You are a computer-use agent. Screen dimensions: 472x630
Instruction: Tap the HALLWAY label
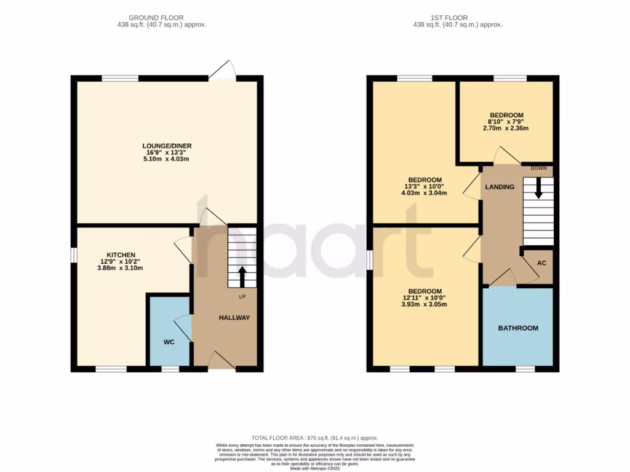[x=234, y=318]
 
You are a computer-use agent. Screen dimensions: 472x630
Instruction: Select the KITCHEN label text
[x=121, y=254]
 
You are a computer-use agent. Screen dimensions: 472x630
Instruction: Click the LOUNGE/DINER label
[x=165, y=146]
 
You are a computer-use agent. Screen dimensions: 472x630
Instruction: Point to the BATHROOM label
[x=518, y=328]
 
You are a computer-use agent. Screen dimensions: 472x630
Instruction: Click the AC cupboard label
[x=541, y=262]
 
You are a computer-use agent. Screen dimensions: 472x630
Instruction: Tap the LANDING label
[x=499, y=187]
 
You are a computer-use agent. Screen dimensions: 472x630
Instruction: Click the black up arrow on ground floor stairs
[x=242, y=276]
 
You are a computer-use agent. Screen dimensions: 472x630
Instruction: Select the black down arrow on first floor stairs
[x=539, y=187]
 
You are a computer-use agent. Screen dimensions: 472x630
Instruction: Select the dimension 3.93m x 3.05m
[x=424, y=305]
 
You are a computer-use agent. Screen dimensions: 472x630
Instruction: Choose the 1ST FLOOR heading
[x=457, y=18]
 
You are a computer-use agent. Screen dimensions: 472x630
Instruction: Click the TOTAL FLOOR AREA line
[x=314, y=437]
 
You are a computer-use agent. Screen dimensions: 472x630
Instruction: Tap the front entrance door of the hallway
[x=221, y=362]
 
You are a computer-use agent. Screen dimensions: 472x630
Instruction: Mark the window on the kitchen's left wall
[x=73, y=254]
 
